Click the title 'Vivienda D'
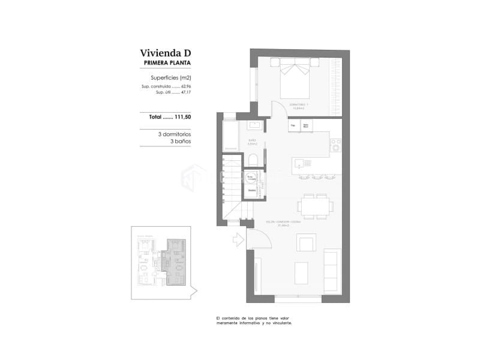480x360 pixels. click(165, 53)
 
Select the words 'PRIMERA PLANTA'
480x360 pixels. click(167, 63)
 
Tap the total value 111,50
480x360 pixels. click(180, 117)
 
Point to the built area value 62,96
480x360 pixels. click(186, 87)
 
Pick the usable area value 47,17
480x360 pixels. click(186, 92)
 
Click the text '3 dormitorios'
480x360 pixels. click(175, 134)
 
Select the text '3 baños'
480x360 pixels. click(181, 142)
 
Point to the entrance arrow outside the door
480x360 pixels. click(238, 239)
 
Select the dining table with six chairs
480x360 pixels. click(315, 206)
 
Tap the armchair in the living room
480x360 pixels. click(306, 243)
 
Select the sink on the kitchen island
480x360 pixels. click(301, 163)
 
